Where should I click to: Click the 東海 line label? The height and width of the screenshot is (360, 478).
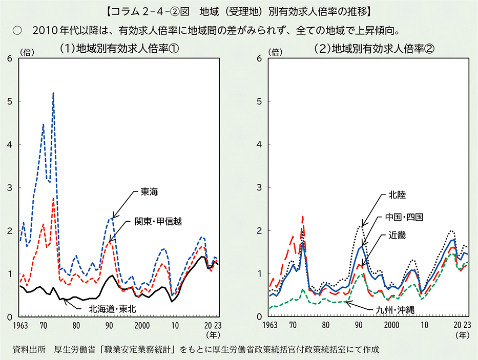150,193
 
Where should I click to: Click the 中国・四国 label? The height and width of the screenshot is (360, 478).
404,217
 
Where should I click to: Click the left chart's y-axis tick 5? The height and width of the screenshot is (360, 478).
10,101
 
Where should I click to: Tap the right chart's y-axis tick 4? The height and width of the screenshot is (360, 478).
259,144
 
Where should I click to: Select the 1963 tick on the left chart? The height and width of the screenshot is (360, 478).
20,325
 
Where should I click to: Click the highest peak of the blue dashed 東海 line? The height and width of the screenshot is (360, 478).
53,93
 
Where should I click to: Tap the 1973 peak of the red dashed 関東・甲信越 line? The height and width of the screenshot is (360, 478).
53,198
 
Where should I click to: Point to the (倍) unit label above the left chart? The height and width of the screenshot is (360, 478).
27,51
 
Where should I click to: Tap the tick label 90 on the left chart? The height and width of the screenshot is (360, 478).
109,325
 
